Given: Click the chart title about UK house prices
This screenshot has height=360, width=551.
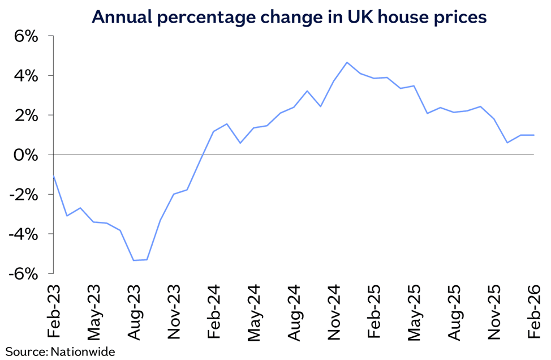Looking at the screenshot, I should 289,17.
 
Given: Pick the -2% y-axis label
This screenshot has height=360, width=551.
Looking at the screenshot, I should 24,195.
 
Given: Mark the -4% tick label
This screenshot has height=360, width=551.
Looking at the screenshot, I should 24,234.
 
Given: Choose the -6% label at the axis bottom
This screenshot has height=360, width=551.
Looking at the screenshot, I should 24,274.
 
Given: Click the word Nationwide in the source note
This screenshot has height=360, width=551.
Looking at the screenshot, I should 83,352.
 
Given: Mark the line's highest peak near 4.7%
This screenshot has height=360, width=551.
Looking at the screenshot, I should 347,62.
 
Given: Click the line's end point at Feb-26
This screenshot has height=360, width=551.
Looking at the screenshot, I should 534,135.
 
